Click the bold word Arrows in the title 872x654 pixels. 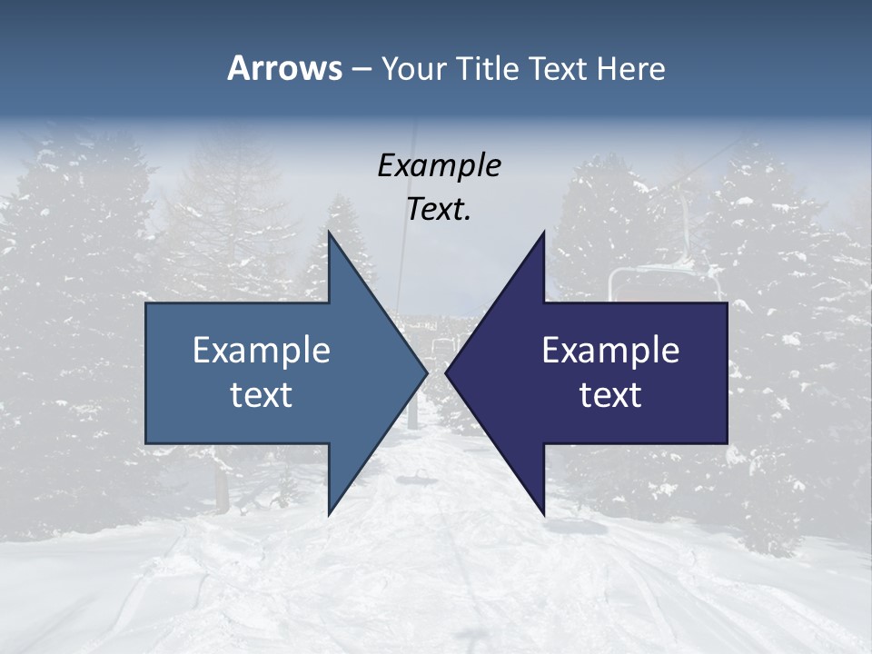coord(283,68)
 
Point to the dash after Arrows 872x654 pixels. coord(361,69)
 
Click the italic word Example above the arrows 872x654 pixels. coord(439,165)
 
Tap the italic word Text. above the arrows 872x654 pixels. coord(439,210)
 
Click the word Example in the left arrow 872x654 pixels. coord(262,350)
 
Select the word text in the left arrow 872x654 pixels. coord(262,395)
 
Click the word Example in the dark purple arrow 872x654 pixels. coord(610,350)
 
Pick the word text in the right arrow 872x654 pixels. coord(610,395)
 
